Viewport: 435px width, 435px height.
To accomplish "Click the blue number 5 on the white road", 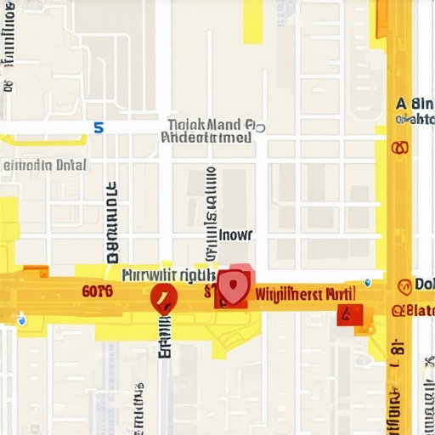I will click(99, 127).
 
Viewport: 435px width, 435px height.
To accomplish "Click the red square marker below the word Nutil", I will click(349, 314).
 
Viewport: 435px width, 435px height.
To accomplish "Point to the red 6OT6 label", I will click(98, 291).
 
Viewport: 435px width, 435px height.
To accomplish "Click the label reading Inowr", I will click(236, 235).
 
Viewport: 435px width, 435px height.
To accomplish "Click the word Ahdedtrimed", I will click(206, 137).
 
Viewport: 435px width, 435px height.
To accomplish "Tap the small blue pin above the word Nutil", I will click(367, 280).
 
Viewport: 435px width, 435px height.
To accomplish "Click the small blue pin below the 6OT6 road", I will click(21, 320).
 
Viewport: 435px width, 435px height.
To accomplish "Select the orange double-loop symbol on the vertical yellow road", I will click(398, 149).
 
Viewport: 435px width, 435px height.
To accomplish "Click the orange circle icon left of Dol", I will click(404, 285).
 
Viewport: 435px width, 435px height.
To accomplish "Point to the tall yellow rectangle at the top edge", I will click(253, 21).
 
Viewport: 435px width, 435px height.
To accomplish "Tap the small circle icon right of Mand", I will click(260, 127).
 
